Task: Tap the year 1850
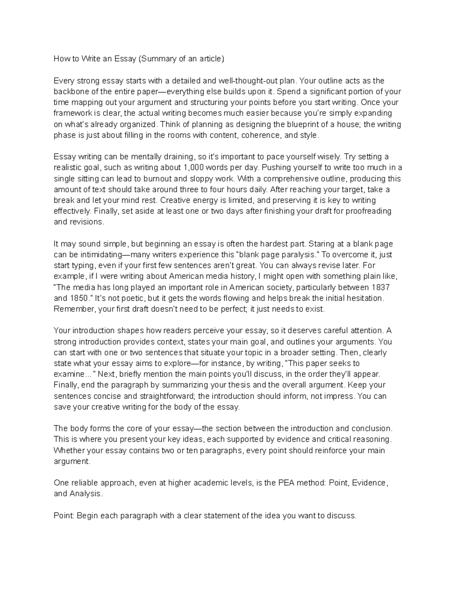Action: point(79,298)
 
